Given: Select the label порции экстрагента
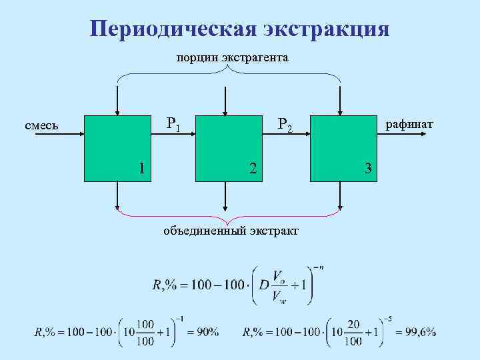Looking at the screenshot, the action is [232, 58].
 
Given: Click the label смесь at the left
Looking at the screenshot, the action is [41, 125].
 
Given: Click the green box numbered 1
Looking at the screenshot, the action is [117, 148].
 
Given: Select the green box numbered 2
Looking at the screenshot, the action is [227, 148].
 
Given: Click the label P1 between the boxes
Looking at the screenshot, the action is [173, 123].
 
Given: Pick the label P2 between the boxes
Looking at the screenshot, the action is [285, 124].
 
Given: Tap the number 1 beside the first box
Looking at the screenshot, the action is [141, 167].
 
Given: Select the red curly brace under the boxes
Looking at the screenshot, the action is [228, 216].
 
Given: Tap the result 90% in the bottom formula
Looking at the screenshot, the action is [203, 332].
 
